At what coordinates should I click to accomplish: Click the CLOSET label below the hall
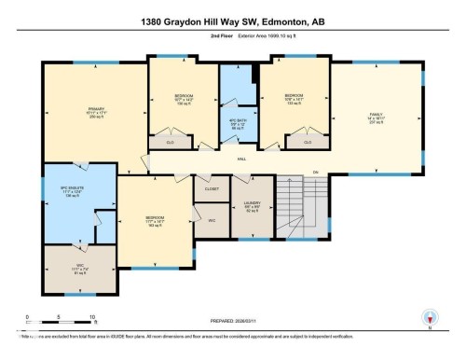coord(212,188)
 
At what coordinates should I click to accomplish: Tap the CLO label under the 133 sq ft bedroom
coord(307,143)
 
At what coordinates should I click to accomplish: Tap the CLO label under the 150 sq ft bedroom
coord(171,143)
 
